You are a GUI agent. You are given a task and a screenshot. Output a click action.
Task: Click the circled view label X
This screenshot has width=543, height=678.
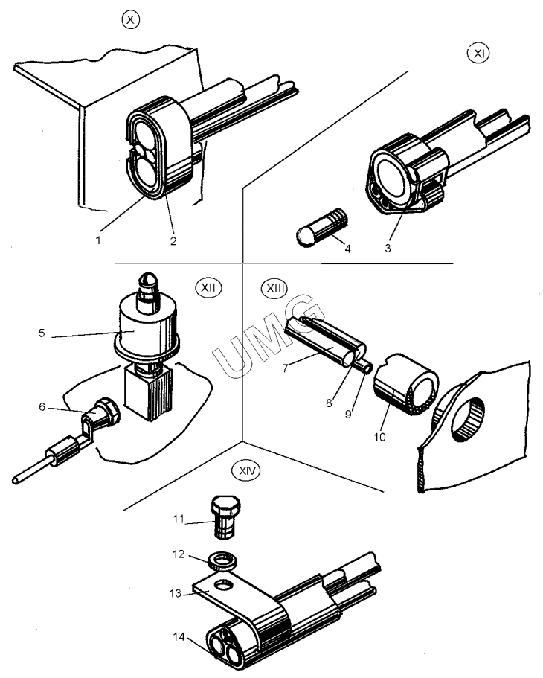(x=131, y=20)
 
